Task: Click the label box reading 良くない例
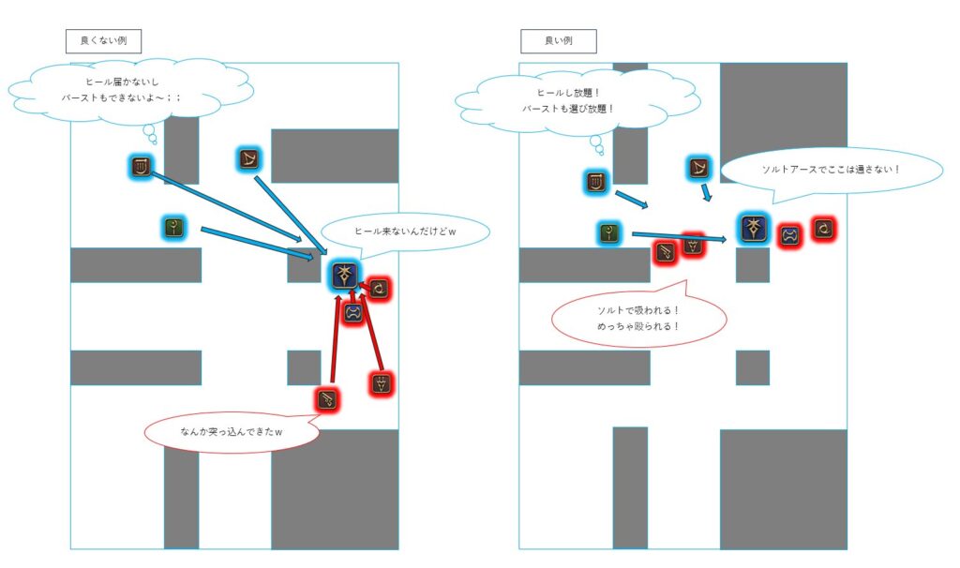pyautogui.click(x=103, y=41)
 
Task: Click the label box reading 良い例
pyautogui.click(x=559, y=41)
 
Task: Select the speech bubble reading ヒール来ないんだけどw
pyautogui.click(x=405, y=232)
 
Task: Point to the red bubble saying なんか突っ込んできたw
pyautogui.click(x=232, y=432)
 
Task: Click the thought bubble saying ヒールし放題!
pyautogui.click(x=577, y=101)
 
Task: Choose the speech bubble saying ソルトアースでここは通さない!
pyautogui.click(x=831, y=172)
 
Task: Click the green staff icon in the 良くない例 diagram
pyautogui.click(x=174, y=229)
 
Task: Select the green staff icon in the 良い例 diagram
pyautogui.click(x=609, y=233)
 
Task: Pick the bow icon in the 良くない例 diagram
pyautogui.click(x=247, y=159)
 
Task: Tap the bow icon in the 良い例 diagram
pyautogui.click(x=698, y=168)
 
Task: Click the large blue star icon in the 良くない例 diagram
pyautogui.click(x=345, y=276)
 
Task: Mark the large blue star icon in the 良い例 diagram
pyautogui.click(x=754, y=229)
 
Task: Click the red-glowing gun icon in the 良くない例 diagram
pyautogui.click(x=327, y=399)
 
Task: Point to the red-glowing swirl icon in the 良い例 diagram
pyautogui.click(x=824, y=229)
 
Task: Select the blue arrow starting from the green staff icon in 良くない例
pyautogui.click(x=258, y=243)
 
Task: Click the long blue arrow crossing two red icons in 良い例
pyautogui.click(x=679, y=236)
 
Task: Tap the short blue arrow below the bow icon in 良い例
pyautogui.click(x=707, y=191)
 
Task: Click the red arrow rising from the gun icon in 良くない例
pyautogui.click(x=335, y=337)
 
